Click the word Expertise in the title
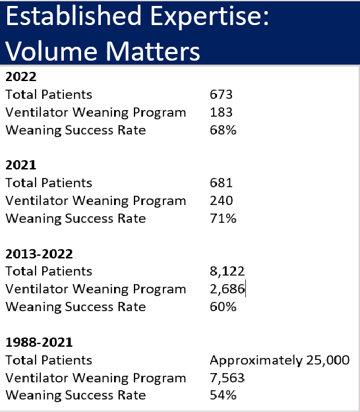(210, 17)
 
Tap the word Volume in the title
(53, 51)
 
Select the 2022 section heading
(20, 76)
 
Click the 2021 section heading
(20, 165)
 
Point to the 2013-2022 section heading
(39, 254)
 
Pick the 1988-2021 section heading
(39, 342)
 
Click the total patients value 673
(221, 94)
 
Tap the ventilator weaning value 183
(221, 112)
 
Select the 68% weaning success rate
(223, 130)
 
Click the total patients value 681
(221, 183)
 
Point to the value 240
(222, 201)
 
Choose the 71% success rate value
(223, 218)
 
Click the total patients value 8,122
(227, 271)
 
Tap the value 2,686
(227, 289)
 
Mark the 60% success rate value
(223, 307)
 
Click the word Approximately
(256, 361)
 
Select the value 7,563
(227, 378)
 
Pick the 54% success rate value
(223, 395)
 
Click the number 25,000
(328, 360)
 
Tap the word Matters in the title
(153, 51)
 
